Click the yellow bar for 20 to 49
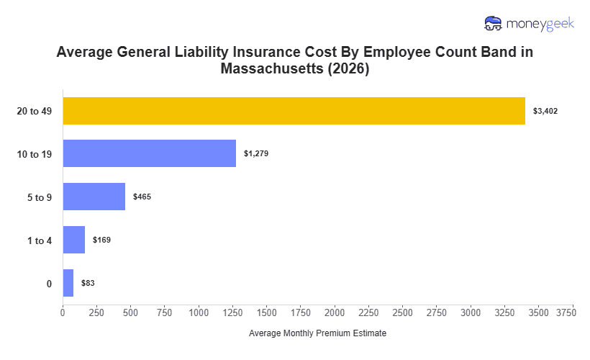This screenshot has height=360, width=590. [294, 111]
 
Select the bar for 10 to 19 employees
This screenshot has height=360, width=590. [149, 153]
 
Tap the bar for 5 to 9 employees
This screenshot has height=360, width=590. [94, 197]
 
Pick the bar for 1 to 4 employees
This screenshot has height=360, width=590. [73, 240]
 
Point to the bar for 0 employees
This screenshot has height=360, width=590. [68, 283]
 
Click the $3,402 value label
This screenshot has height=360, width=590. [545, 111]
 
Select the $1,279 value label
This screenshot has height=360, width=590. [256, 153]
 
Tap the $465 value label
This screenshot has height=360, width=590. [142, 197]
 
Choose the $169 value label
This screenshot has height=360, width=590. [101, 240]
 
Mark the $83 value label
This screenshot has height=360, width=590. [88, 283]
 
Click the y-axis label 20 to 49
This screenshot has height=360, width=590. [35, 111]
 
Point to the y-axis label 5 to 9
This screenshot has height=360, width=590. [40, 197]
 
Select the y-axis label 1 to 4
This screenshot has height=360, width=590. [40, 240]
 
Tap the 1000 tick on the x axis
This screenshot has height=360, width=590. [199, 312]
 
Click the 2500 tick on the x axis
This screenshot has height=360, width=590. [403, 312]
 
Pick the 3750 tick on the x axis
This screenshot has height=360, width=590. [566, 312]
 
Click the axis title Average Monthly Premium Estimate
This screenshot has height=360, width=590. [317, 334]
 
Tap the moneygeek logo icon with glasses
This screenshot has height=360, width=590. [494, 23]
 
